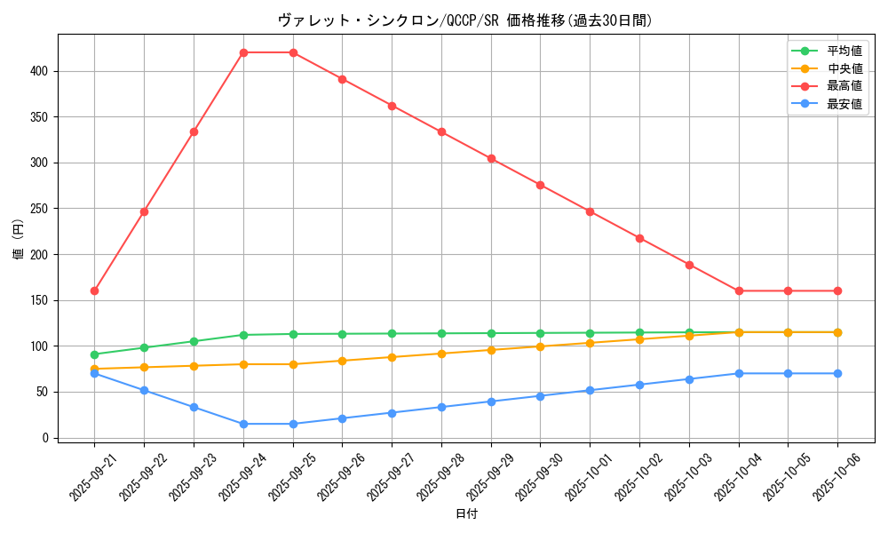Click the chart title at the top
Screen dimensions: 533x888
[465, 20]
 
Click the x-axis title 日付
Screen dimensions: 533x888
[465, 514]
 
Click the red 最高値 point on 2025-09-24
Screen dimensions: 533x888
[243, 52]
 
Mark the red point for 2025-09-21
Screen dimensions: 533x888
[94, 290]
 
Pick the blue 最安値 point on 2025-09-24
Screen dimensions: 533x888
[243, 424]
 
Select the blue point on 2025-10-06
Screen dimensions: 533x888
[837, 373]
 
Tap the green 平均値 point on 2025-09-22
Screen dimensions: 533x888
[144, 347]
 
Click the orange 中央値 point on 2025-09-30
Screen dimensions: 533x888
[540, 346]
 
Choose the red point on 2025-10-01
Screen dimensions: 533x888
[590, 211]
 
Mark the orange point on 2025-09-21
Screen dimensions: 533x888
[94, 369]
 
